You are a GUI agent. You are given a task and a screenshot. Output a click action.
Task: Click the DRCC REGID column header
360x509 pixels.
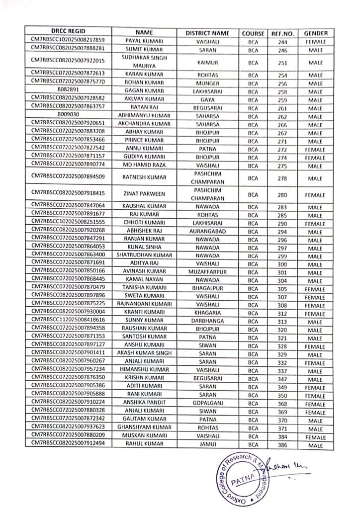click(68, 33)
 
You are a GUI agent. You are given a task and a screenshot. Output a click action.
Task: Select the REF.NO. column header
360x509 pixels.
click(283, 33)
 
